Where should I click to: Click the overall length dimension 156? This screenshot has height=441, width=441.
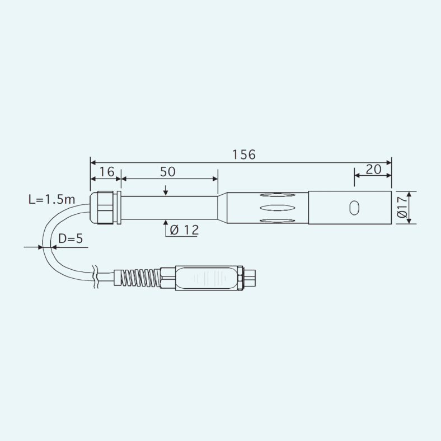coord(244,155)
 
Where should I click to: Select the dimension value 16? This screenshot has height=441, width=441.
coord(107,172)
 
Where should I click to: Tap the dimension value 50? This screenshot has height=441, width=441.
coord(168,172)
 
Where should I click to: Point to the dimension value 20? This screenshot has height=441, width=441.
coord(373,170)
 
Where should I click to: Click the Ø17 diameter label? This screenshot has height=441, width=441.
coord(402,207)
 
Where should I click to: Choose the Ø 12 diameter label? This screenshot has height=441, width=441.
coord(185,230)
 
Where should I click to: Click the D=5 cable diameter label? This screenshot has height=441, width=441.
coord(71,239)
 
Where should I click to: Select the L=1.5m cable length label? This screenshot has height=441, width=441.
coord(52,199)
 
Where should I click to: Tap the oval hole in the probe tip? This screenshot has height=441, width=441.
coord(354,208)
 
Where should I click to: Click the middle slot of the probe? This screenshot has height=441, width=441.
coord(278,208)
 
